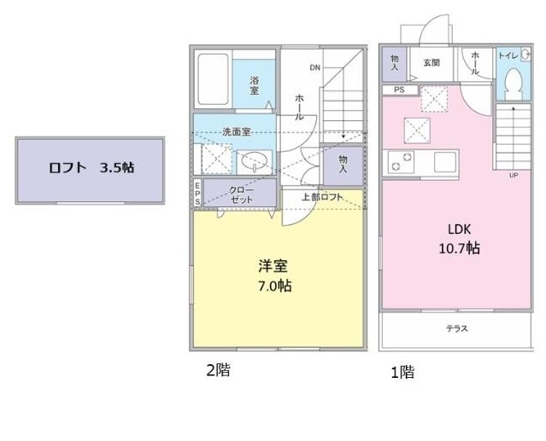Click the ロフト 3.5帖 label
coord(90,168)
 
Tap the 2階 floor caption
coord(217,370)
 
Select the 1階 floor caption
coord(402,372)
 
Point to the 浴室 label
coord(255,85)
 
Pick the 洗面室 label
coord(235,132)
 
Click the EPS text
coord(197,193)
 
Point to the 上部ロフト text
coord(322,197)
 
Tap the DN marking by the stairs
coord(314,67)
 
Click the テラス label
coord(455,328)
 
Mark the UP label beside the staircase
coord(514,176)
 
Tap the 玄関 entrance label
coord(431,62)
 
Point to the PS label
coord(399,90)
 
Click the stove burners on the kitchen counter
coord(401,159)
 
